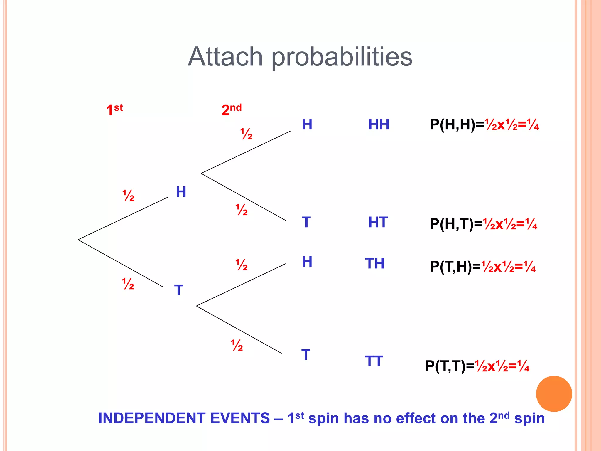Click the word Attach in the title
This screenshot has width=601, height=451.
[225, 57]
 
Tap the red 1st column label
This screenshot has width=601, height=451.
[114, 110]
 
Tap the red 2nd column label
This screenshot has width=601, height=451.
[231, 110]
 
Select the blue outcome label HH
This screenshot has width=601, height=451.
[379, 124]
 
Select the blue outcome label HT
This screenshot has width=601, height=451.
[378, 222]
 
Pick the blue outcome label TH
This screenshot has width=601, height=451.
[375, 263]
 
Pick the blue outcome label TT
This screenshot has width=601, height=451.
[374, 361]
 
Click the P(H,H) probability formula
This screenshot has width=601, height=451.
[484, 125]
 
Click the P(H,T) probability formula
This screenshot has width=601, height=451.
[483, 224]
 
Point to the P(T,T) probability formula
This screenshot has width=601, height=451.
[477, 366]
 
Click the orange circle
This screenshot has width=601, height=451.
[554, 394]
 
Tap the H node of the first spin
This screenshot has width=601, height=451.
[181, 192]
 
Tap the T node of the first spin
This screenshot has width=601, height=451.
[178, 290]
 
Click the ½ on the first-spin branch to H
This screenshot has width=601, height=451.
[128, 196]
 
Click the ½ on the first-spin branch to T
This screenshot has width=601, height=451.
[128, 284]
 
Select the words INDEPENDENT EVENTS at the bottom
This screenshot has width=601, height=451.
[184, 418]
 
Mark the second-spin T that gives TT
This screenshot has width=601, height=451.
[305, 355]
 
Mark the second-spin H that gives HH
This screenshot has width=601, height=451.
[307, 124]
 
